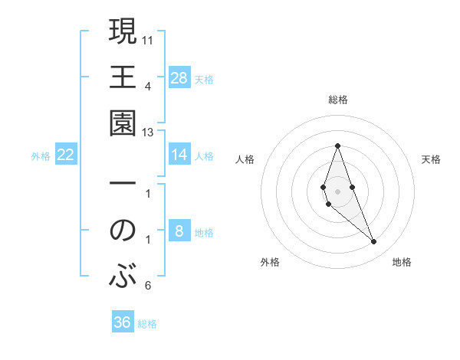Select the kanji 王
(x=123, y=77)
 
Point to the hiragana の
(x=123, y=230)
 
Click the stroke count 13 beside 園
(x=148, y=133)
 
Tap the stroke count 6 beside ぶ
(x=148, y=286)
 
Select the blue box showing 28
(x=179, y=77)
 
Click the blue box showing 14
(x=179, y=155)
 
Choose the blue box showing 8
(x=179, y=231)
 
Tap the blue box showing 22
(x=66, y=155)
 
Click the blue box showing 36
(x=123, y=322)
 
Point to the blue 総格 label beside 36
(x=147, y=324)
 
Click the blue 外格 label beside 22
(x=41, y=156)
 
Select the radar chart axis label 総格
(x=337, y=100)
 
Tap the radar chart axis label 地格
(x=402, y=262)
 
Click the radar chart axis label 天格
(x=431, y=159)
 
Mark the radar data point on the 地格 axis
(x=373, y=242)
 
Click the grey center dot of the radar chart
(x=337, y=191)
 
